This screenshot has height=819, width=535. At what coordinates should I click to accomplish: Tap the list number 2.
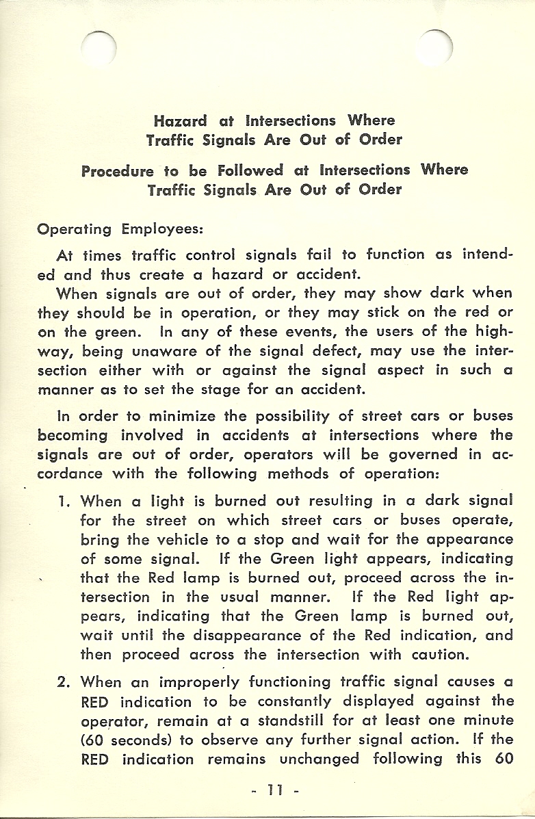pos(64,682)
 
